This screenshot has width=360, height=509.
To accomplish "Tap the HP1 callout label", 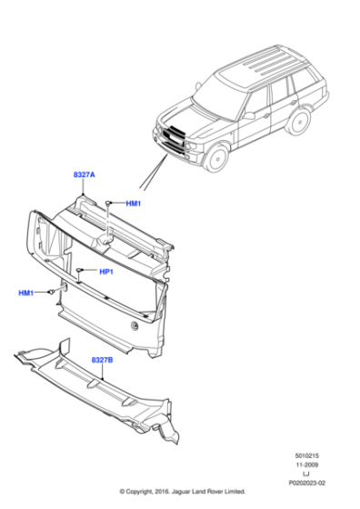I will [106, 272].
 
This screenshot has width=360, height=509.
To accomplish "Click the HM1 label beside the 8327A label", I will [134, 204].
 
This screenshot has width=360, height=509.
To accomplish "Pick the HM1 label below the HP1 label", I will [26, 293].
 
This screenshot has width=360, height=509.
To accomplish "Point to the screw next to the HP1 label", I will [81, 272].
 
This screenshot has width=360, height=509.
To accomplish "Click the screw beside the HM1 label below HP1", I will [53, 291].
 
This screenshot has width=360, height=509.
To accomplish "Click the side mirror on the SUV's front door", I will [246, 115].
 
